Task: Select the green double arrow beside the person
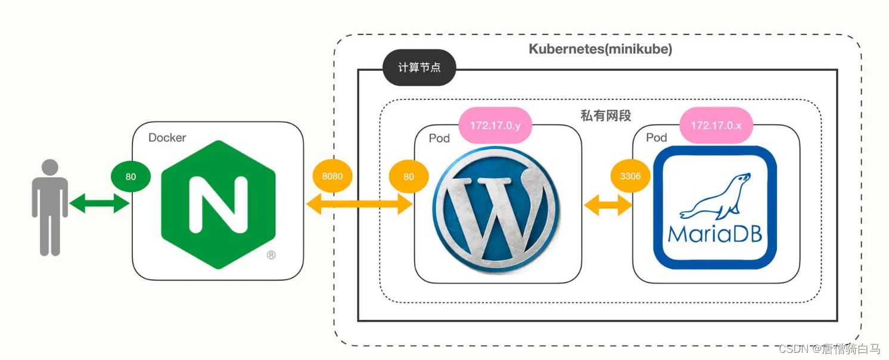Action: [100, 204]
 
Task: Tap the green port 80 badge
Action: [130, 177]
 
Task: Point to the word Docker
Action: [167, 138]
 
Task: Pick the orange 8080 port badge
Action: [332, 177]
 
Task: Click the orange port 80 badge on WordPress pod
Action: [408, 177]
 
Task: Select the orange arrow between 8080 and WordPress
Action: [359, 204]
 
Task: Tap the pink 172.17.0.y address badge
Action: [496, 126]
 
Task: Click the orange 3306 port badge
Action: [630, 177]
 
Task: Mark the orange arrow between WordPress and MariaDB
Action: [608, 206]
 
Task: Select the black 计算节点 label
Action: [419, 68]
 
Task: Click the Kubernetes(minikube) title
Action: [600, 49]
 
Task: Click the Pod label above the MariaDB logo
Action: [657, 138]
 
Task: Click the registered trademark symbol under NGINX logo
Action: [271, 255]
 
